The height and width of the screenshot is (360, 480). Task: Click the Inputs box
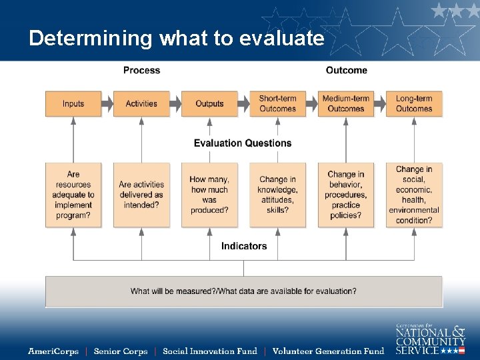coord(73,104)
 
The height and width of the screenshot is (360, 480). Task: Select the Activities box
coord(141,104)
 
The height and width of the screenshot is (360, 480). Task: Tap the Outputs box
coord(209,104)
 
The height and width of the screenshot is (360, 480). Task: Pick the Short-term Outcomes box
coord(277,104)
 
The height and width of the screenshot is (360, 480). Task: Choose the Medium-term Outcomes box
coord(346,104)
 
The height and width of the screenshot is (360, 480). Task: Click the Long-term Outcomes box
coord(414,104)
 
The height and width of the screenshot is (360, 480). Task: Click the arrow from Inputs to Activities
coord(107,104)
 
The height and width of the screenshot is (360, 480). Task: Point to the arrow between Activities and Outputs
coord(175,104)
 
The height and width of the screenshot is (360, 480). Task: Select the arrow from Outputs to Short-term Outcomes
coord(243,104)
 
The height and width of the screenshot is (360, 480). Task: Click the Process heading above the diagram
coord(141,70)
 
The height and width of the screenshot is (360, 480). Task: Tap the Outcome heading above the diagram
coord(346,70)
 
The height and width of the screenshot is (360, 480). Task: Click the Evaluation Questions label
coord(243,143)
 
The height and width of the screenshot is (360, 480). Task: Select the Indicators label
coord(244,246)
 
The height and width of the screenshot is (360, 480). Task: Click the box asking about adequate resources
coord(73,195)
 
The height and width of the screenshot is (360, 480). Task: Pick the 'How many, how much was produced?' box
coord(209,195)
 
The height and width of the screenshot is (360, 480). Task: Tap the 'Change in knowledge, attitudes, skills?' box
coord(277,195)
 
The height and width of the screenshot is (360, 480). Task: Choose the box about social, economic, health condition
coord(414,195)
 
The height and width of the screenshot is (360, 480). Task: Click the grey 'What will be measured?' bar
coord(243,291)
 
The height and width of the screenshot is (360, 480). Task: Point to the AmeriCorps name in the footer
coord(53,351)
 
